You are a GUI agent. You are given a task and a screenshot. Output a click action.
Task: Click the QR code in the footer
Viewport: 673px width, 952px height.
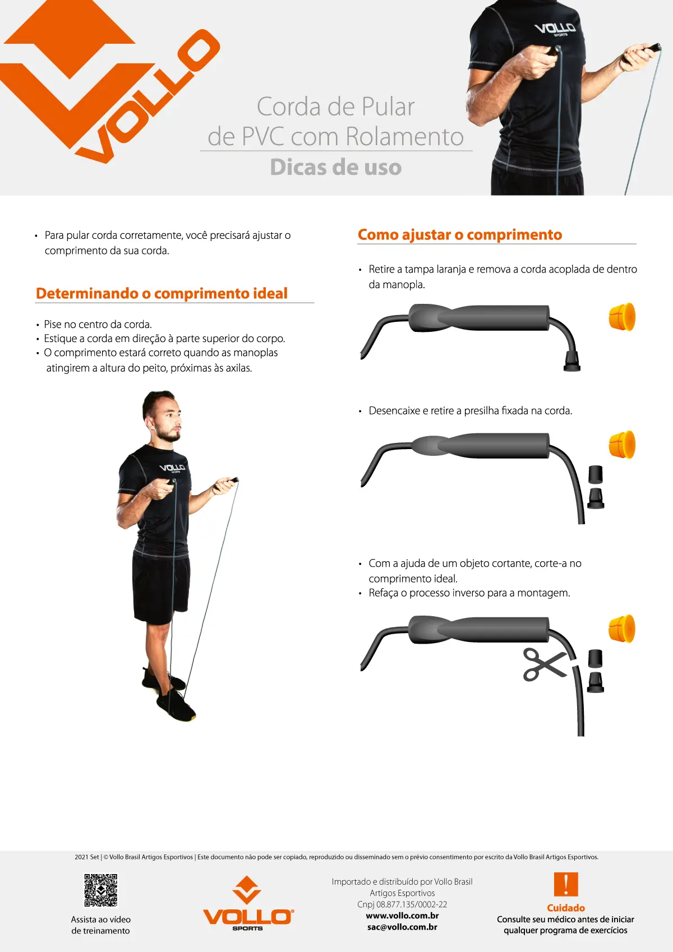point(101,890)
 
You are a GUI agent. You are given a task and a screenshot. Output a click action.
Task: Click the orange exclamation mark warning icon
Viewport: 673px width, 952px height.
point(566,884)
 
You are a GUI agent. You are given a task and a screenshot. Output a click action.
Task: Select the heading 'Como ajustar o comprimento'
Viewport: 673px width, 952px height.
point(460,235)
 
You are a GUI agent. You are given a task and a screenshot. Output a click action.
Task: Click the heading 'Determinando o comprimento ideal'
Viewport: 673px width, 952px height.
point(162,294)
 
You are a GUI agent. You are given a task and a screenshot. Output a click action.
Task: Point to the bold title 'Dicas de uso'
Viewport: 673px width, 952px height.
point(336,167)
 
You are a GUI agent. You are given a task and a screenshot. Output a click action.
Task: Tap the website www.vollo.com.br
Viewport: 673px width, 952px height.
point(402,916)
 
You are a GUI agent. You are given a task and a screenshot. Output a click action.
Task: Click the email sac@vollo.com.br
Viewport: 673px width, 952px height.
point(402,927)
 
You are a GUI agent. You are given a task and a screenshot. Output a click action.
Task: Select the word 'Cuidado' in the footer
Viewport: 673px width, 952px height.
point(566,908)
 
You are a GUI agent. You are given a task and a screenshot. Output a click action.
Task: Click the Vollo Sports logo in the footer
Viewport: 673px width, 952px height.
point(248,903)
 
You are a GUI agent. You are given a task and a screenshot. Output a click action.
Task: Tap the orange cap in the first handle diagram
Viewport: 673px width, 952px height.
point(622,317)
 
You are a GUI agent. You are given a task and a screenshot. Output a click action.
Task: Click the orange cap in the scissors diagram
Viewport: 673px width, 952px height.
point(622,628)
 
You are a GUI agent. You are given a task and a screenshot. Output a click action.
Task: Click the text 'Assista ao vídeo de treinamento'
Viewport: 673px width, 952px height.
point(101,925)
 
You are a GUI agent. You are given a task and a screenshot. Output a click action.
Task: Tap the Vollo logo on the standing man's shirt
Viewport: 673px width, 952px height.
point(172,468)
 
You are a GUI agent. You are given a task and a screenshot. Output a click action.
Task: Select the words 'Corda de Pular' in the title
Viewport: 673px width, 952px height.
point(335,107)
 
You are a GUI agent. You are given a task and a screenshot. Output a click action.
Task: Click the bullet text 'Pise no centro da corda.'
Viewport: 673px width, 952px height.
point(98,325)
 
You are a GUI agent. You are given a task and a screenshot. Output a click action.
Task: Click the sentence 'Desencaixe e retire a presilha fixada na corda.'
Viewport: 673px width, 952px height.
point(470,411)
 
